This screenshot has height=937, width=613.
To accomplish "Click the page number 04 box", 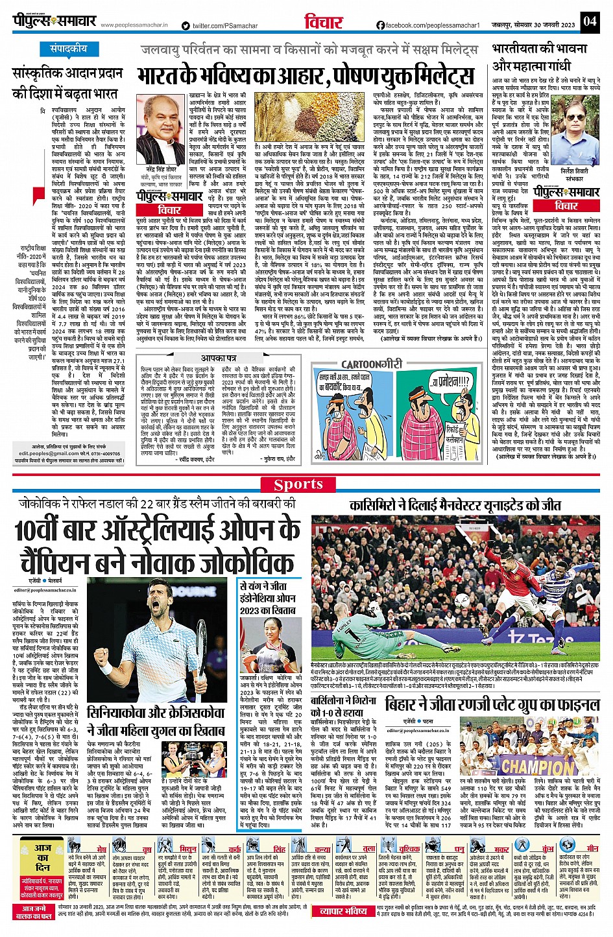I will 589,21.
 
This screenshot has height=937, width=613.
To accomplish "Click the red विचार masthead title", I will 323,21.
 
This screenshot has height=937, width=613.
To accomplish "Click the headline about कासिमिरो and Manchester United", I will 455,504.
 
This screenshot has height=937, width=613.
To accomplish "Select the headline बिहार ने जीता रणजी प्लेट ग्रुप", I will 492,704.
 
